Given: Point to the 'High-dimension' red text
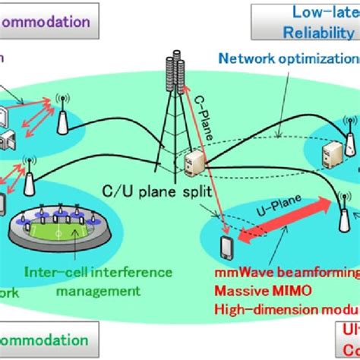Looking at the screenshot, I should [x=255, y=308].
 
